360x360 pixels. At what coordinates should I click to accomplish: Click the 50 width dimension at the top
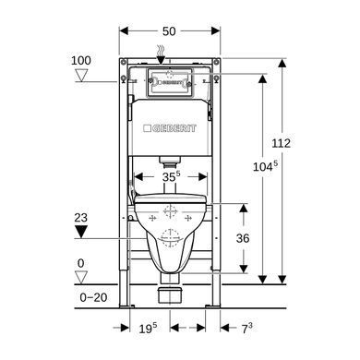[x=169, y=31]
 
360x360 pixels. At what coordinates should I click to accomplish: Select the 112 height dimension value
[x=281, y=143]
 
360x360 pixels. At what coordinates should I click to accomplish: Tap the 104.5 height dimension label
[x=265, y=166]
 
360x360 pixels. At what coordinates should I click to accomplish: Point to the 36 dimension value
[x=243, y=238]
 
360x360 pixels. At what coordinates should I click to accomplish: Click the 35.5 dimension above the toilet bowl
[x=172, y=176]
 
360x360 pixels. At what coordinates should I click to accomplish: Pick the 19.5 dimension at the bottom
[x=148, y=329]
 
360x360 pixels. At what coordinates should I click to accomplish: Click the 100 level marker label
[x=81, y=60]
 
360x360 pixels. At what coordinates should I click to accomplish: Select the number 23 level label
[x=81, y=218]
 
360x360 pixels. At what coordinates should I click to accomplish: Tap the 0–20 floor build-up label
[x=93, y=297]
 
